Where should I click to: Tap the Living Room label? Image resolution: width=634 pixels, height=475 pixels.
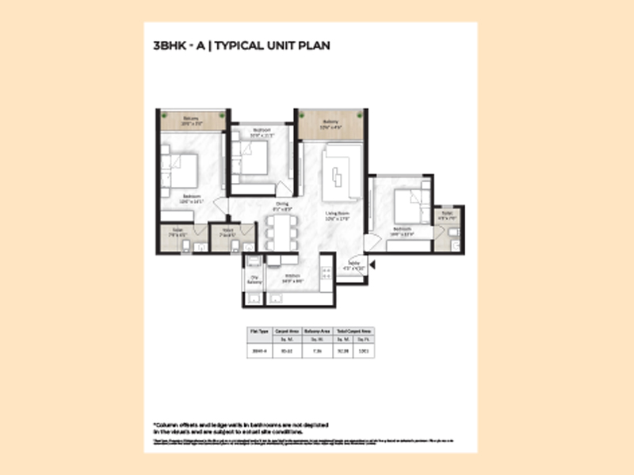point(338,216)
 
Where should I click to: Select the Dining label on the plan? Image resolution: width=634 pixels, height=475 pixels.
point(283,205)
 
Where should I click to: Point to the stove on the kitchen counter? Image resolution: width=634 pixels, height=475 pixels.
point(326,273)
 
